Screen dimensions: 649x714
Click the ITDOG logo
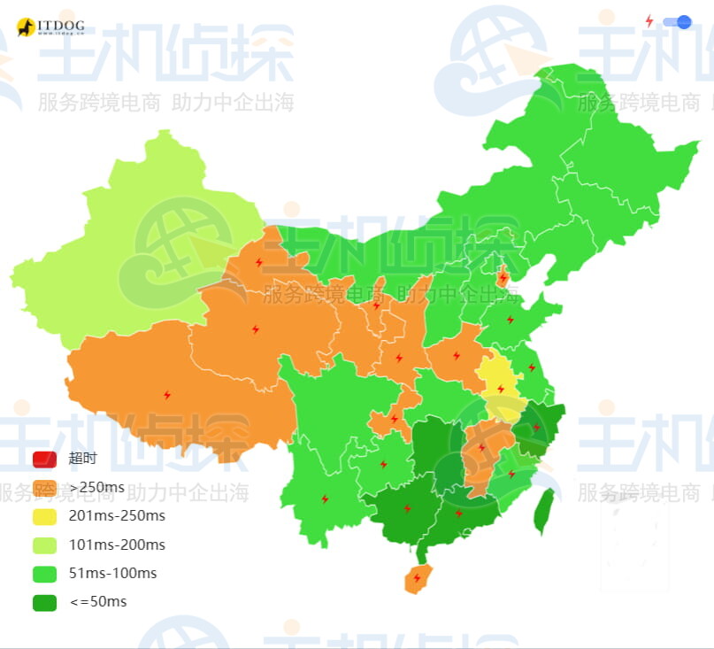pyautogui.click(x=50, y=27)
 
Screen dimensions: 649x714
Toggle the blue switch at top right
pyautogui.click(x=677, y=22)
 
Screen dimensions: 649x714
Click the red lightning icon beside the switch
pyautogui.click(x=649, y=21)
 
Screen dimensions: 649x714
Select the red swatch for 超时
pyautogui.click(x=44, y=459)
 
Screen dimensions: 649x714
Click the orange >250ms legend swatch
pyautogui.click(x=44, y=487)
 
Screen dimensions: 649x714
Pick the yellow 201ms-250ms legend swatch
pyautogui.click(x=44, y=516)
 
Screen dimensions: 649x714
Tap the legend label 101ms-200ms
pyautogui.click(x=117, y=545)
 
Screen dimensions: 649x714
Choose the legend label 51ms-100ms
pyautogui.click(x=112, y=573)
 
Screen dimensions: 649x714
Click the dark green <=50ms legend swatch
pyautogui.click(x=44, y=602)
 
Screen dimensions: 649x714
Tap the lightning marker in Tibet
pyautogui.click(x=166, y=395)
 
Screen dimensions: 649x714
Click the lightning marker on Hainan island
pyautogui.click(x=416, y=578)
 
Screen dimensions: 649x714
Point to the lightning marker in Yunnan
pyautogui.click(x=325, y=499)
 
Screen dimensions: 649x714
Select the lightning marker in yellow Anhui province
pyautogui.click(x=500, y=389)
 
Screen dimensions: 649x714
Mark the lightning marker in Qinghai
pyautogui.click(x=256, y=329)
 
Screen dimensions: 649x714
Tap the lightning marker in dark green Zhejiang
pyautogui.click(x=535, y=428)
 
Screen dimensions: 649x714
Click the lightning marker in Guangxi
pyautogui.click(x=407, y=508)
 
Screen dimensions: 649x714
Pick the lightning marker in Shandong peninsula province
pyautogui.click(x=510, y=320)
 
